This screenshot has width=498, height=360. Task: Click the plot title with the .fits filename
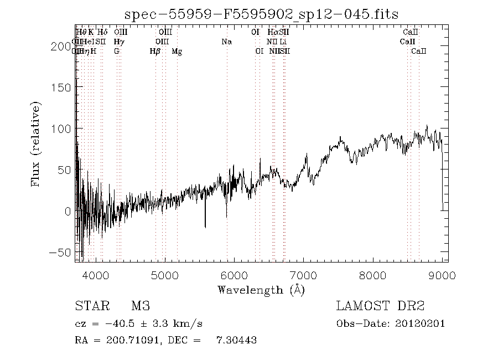(261, 14)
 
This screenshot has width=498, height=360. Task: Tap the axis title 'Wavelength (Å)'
(261, 290)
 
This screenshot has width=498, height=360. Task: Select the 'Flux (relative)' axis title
(37, 143)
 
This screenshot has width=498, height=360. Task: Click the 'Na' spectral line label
(226, 42)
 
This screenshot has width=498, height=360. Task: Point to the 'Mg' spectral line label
(177, 52)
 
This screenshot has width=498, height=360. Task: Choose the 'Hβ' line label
(155, 52)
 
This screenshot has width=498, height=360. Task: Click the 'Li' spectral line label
(283, 42)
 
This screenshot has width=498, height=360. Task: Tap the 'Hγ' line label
(118, 42)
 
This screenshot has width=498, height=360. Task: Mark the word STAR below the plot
(88, 306)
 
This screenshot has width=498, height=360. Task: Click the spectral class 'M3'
(141, 306)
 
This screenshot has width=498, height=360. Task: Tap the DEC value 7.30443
(236, 340)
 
